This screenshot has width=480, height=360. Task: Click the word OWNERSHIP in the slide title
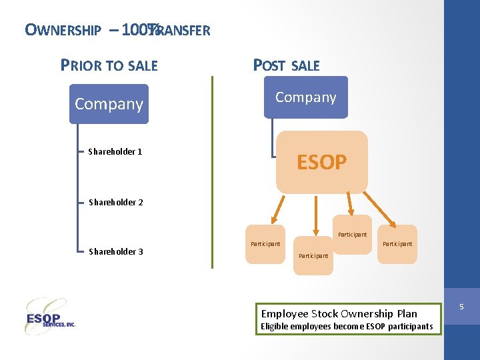click(63, 30)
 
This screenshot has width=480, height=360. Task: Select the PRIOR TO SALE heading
click(109, 65)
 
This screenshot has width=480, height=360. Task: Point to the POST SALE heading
click(286, 65)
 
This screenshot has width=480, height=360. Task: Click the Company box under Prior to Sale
click(109, 104)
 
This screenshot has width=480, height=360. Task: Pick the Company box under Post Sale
click(305, 97)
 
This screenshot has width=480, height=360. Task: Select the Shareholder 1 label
click(115, 151)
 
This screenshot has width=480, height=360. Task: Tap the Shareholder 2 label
click(116, 202)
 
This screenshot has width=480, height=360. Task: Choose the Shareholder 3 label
click(116, 251)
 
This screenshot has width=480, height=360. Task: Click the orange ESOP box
click(321, 162)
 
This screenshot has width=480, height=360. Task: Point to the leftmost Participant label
click(265, 244)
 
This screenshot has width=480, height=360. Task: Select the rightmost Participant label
click(397, 244)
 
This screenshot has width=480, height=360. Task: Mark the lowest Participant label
click(313, 256)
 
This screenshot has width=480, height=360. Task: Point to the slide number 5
click(462, 306)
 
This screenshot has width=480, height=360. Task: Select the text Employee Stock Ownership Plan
click(339, 313)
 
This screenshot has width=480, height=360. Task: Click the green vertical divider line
click(212, 172)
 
